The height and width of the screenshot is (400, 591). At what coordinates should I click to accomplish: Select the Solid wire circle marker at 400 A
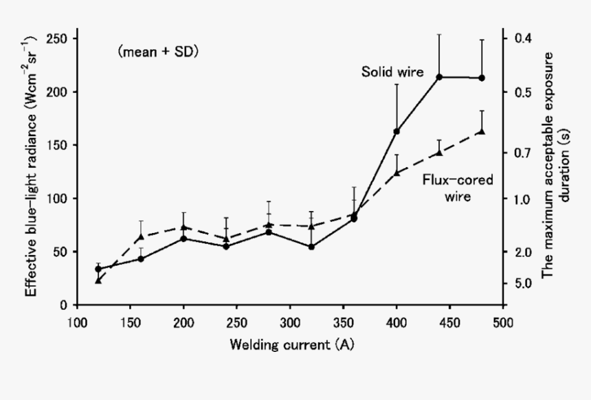tap(397, 131)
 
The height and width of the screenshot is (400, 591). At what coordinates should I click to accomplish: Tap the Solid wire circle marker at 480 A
tap(482, 78)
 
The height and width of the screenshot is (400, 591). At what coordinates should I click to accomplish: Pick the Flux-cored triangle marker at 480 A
tap(482, 131)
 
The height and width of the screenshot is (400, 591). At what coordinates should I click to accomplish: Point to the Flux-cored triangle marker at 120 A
tap(98, 280)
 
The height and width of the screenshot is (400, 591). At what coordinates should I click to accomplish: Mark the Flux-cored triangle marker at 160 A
tap(141, 236)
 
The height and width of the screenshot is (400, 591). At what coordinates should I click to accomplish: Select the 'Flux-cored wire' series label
tap(447, 188)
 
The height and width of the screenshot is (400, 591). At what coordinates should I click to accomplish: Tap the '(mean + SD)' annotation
tap(158, 51)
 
